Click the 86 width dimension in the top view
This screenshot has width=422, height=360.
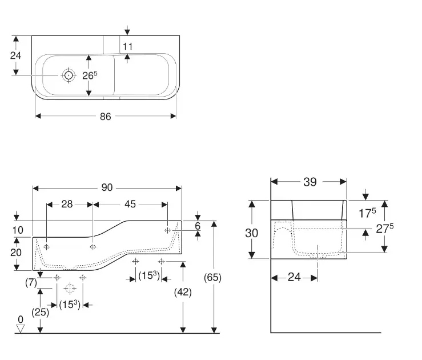click(105, 117)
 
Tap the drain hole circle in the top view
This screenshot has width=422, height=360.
click(69, 75)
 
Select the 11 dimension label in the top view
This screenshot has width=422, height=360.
click(127, 46)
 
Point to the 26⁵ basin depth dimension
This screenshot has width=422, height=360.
click(90, 77)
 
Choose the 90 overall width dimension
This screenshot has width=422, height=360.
click(107, 188)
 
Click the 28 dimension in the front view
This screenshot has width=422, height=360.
click(67, 204)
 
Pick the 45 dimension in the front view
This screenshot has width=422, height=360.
click(130, 204)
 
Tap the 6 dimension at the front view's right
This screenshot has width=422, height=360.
click(198, 226)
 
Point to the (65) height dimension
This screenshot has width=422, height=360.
click(212, 277)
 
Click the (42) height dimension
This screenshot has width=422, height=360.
click(183, 291)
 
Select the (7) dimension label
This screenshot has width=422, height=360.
click(31, 282)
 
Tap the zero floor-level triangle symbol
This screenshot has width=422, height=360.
click(21, 328)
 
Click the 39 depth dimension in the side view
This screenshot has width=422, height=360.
click(310, 182)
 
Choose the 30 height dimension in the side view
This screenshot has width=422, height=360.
click(251, 233)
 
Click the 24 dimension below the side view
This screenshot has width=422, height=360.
click(294, 277)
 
